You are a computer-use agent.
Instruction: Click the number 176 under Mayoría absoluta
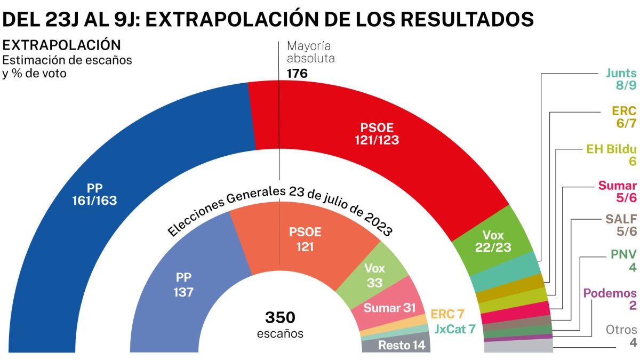pyautogui.click(x=297, y=74)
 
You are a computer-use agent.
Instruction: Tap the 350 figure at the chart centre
pyautogui.click(x=280, y=318)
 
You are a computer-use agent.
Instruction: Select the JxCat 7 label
pyautogui.click(x=454, y=329)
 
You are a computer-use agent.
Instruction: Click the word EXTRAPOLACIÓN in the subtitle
pyautogui.click(x=62, y=45)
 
